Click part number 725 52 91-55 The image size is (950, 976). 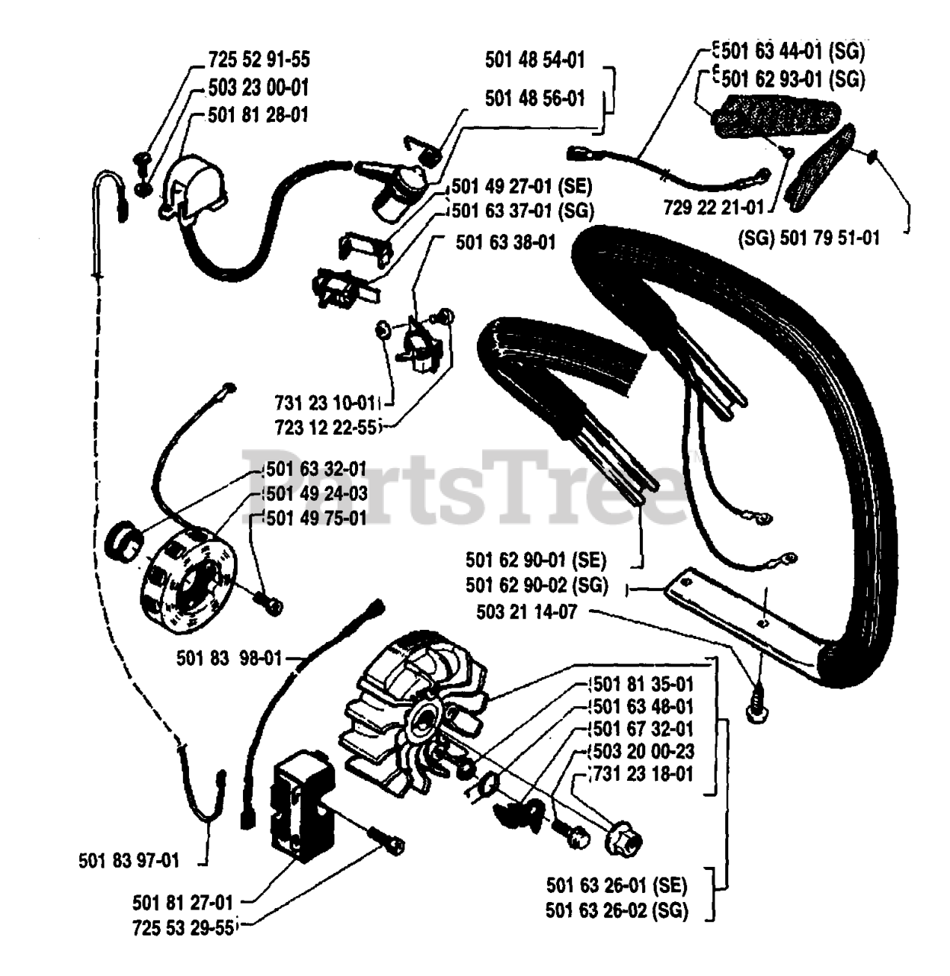click(x=259, y=59)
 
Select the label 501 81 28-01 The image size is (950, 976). click(x=258, y=115)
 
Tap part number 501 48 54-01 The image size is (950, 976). click(x=535, y=59)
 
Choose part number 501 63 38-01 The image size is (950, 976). click(x=506, y=242)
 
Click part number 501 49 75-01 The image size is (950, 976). click(x=316, y=518)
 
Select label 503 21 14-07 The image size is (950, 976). click(x=526, y=612)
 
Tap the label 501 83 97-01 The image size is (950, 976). click(x=129, y=861)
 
